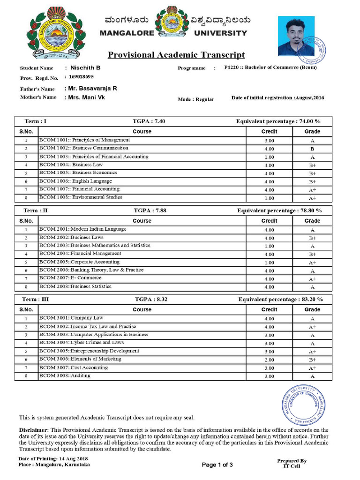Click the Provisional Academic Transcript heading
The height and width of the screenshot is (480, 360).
[176, 55]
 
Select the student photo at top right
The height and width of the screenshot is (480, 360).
[297, 37]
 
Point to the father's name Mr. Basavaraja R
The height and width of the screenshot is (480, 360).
[93, 89]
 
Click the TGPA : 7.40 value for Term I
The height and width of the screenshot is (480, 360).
[149, 121]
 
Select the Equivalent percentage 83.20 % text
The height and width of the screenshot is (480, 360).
[280, 299]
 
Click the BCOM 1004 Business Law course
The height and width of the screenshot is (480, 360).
[71, 165]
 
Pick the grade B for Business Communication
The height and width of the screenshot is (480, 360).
[312, 149]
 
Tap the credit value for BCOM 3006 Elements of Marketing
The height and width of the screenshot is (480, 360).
[269, 360]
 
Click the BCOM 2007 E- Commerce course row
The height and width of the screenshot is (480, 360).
[70, 278]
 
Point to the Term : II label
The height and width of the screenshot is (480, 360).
[36, 210]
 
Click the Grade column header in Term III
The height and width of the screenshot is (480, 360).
[312, 309]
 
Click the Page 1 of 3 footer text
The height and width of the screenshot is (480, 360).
[217, 465]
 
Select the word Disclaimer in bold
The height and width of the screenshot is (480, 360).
[33, 430]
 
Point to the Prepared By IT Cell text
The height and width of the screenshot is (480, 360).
[292, 463]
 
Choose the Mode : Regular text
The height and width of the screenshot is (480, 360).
[195, 99]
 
